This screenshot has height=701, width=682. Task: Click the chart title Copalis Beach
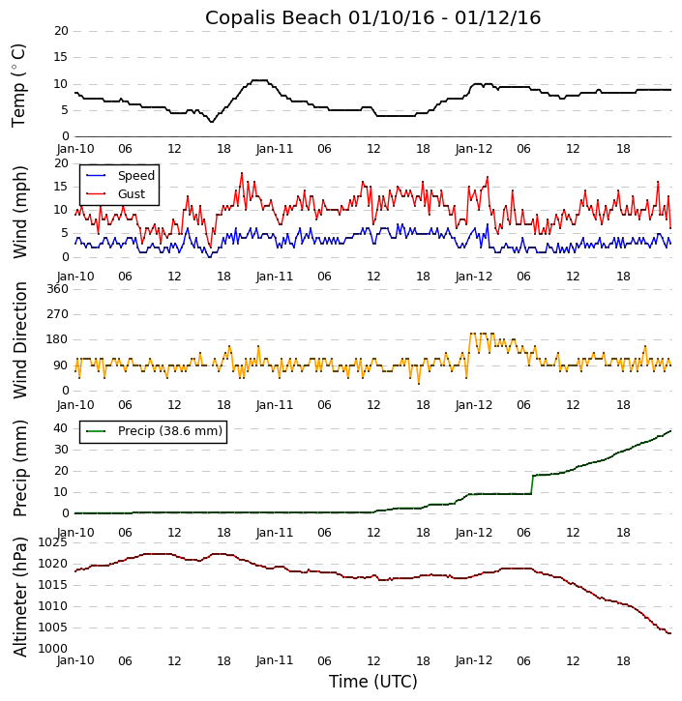coord(372,17)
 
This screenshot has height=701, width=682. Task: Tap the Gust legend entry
coord(131,194)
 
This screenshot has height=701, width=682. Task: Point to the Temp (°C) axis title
coord(19,85)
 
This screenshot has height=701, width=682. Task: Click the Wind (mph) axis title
coord(20,211)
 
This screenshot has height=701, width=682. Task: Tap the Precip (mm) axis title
coord(20,468)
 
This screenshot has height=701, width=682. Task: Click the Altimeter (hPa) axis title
coord(20,596)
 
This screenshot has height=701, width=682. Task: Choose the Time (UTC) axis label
coord(372,682)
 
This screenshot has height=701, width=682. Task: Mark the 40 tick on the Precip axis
coord(59,428)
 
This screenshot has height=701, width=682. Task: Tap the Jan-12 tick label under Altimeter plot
coord(474,661)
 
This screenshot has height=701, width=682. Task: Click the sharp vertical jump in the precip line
coord(532,484)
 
